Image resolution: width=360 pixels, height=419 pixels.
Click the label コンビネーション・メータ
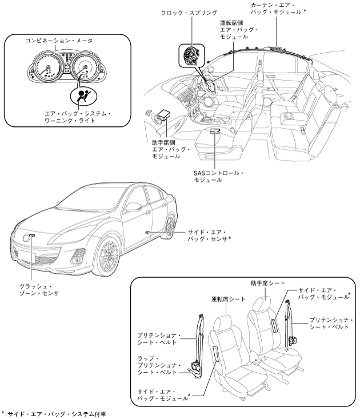coord(59,41)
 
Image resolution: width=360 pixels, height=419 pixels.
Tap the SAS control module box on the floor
coord(215,131)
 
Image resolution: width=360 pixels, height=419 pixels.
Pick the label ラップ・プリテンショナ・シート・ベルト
coord(159,366)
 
